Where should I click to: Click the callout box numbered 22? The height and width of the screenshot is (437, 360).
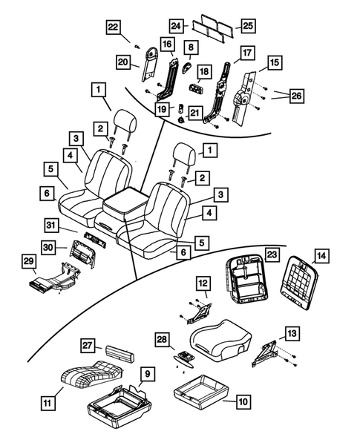[x=113, y=27]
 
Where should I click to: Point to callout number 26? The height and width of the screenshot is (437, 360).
[x=297, y=95]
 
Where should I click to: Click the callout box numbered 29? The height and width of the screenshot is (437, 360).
[x=28, y=263]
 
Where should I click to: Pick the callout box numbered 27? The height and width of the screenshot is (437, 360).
[x=88, y=346]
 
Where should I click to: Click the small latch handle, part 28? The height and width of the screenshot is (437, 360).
[x=184, y=356]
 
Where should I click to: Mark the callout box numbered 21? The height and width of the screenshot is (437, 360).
[x=195, y=112]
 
